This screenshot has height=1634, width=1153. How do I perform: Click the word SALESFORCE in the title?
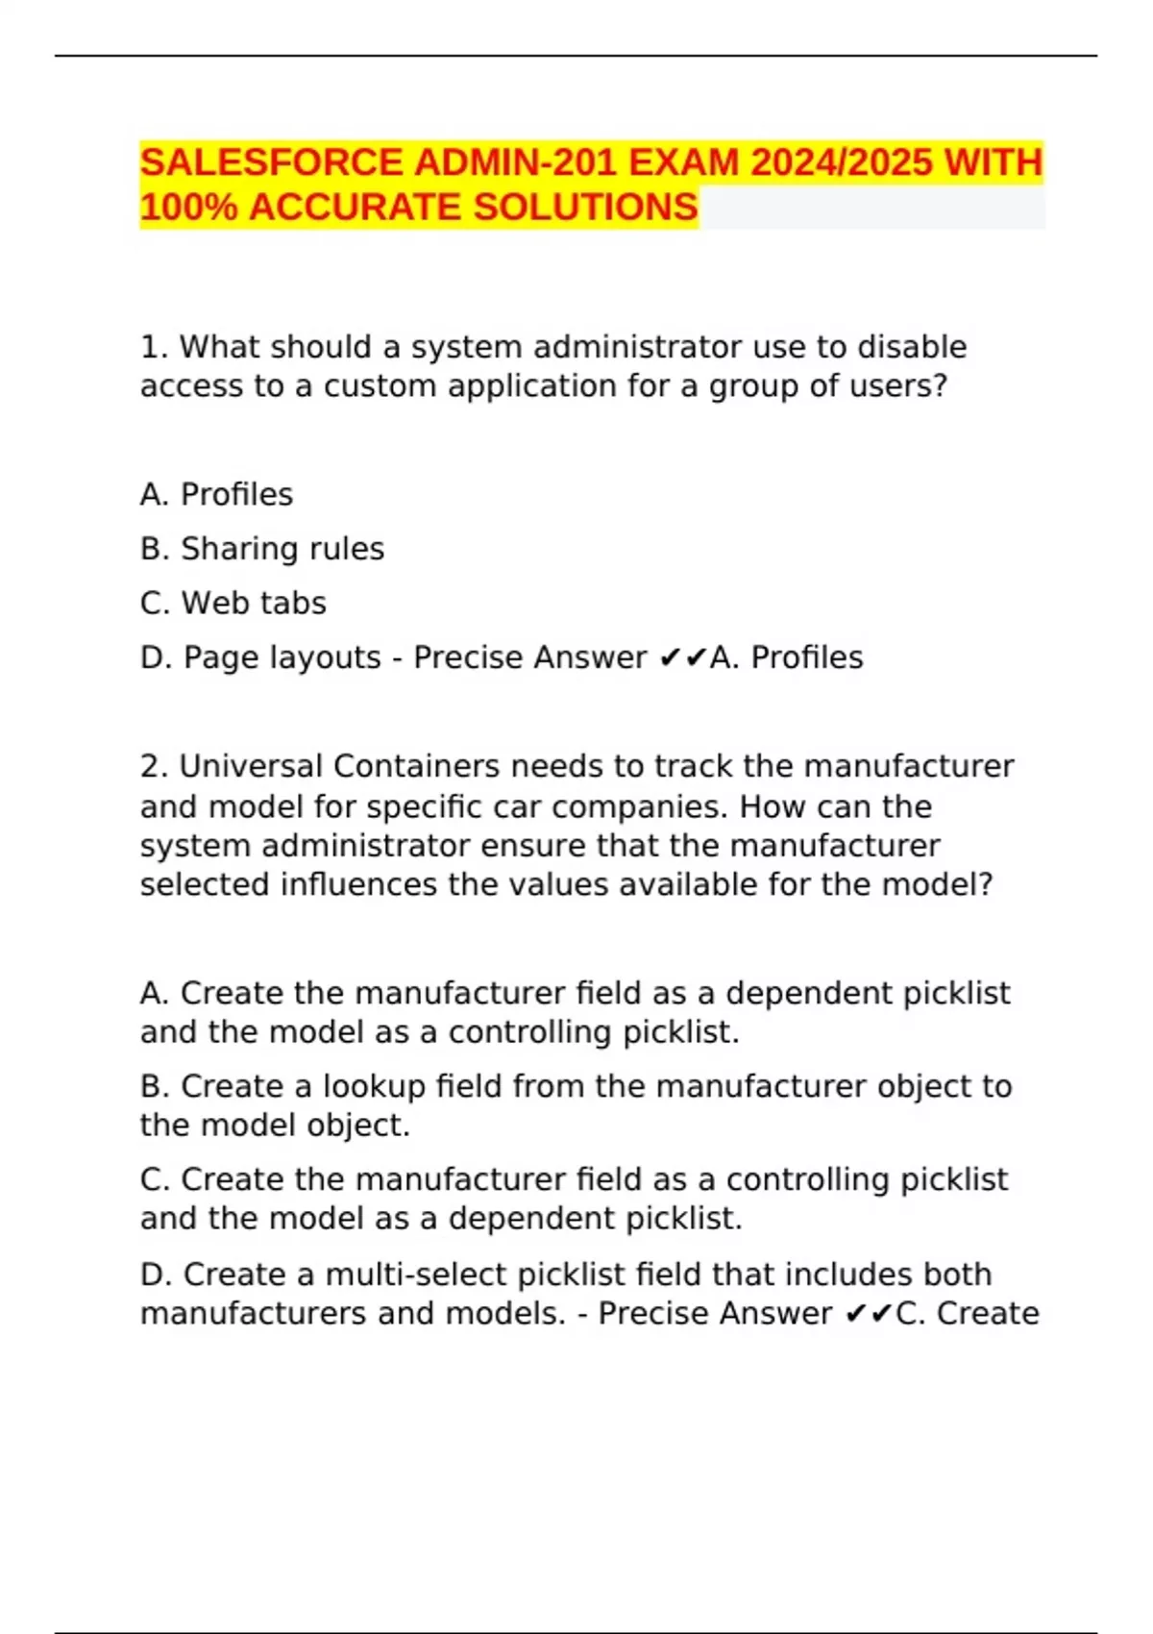271,162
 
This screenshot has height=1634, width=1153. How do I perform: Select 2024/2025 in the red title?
841,162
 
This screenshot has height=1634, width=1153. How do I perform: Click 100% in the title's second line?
188,208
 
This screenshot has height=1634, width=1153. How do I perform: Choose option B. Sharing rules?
261,549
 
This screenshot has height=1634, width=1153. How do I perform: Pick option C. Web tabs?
233,603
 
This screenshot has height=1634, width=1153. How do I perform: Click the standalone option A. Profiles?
216,494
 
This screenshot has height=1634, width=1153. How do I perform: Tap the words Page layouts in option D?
282,657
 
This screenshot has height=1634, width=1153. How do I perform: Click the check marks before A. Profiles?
683,657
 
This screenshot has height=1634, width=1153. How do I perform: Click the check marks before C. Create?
868,1314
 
